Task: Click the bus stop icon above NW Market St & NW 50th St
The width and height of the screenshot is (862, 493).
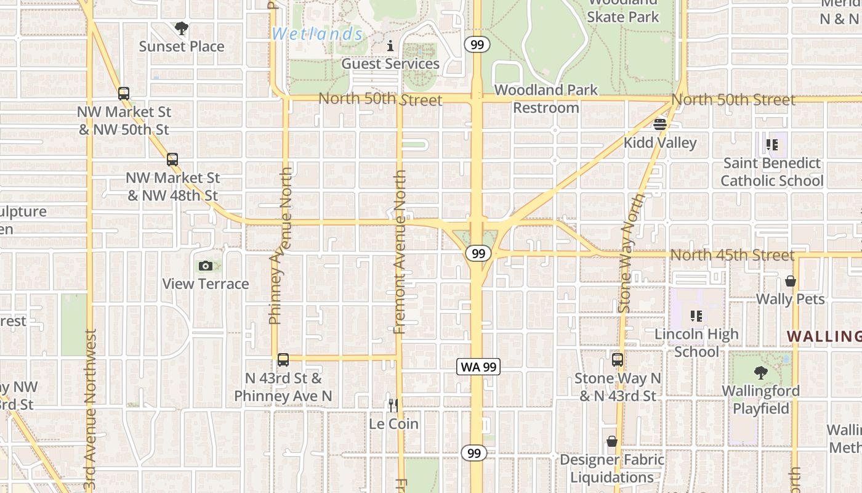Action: pos(124,94)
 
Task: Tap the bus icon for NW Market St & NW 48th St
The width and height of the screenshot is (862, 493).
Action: pos(172,160)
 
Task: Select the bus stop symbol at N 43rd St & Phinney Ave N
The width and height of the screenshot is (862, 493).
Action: pos(283,360)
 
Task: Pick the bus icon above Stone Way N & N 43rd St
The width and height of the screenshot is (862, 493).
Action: pos(618,360)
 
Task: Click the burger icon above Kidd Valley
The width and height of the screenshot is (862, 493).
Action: pos(660,124)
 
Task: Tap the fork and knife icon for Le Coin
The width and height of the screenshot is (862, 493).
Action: pos(393,405)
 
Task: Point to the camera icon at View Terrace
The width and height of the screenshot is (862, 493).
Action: pos(206,266)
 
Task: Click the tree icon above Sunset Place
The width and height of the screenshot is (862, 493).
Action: pos(181,28)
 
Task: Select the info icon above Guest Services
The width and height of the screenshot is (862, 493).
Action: pos(390,46)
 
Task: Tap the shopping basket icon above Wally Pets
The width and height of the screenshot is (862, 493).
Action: pos(791,281)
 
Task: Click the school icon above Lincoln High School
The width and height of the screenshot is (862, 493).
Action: pos(696,316)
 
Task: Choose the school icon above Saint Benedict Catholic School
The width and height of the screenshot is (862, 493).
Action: pos(772,145)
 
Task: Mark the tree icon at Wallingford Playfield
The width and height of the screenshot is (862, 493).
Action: pos(761,372)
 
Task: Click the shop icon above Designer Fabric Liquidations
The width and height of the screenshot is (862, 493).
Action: pos(612,441)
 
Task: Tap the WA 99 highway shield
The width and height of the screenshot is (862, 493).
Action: pos(479,367)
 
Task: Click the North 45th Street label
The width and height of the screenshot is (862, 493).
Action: pos(732,255)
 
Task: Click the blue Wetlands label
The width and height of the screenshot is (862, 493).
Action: pos(317,34)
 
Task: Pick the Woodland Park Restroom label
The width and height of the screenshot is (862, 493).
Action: pos(546,99)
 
